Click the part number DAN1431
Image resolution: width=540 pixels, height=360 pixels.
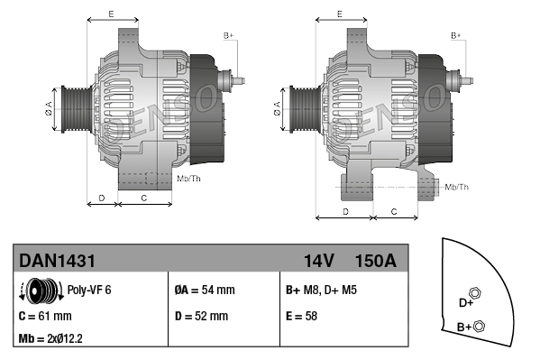pyautogui.click(x=57, y=261)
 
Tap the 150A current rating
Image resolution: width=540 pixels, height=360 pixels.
pyautogui.click(x=376, y=261)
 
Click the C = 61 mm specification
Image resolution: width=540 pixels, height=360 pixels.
pyautogui.click(x=45, y=317)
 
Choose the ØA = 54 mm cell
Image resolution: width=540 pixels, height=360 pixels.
pyautogui.click(x=204, y=291)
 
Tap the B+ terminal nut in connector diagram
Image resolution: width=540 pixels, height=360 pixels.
pyautogui.click(x=479, y=326)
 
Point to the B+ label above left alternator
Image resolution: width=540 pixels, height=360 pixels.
pyautogui.click(x=228, y=35)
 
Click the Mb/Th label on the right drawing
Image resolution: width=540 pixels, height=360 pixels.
pyautogui.click(x=457, y=187)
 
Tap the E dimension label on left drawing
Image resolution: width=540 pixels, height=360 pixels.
pyautogui.click(x=111, y=14)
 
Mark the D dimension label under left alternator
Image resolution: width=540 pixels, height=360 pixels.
pyautogui.click(x=102, y=197)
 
